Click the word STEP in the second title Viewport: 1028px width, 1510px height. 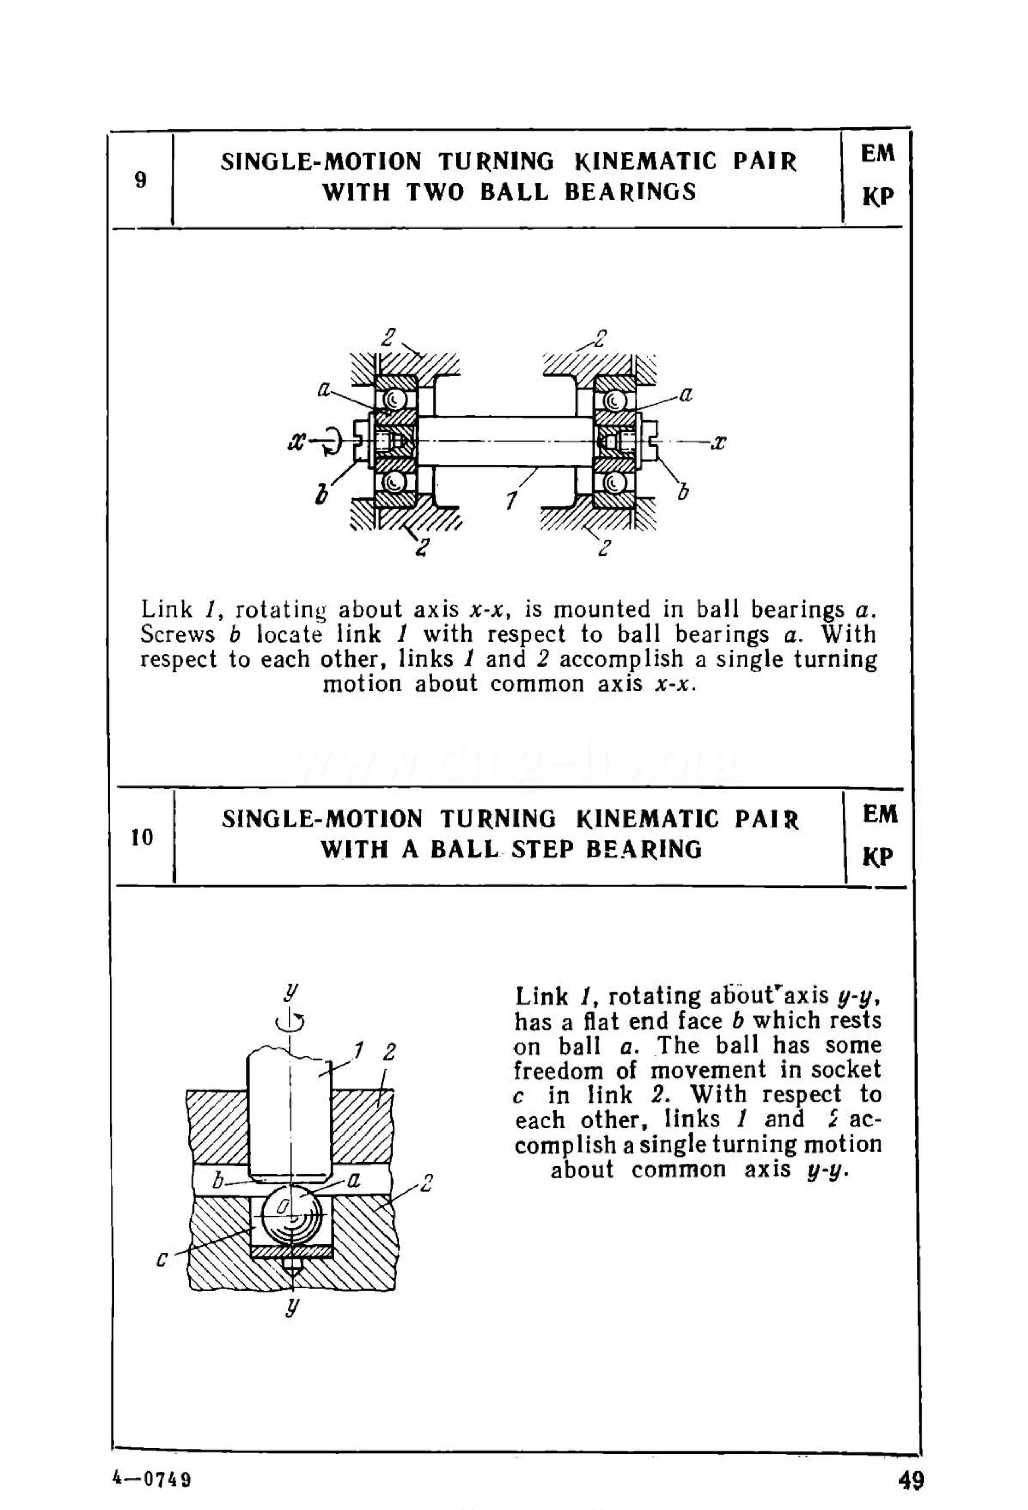pos(543,850)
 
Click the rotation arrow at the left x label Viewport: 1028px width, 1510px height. pos(331,442)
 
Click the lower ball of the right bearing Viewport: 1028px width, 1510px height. pos(613,483)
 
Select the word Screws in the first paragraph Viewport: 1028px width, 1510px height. pos(177,634)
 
